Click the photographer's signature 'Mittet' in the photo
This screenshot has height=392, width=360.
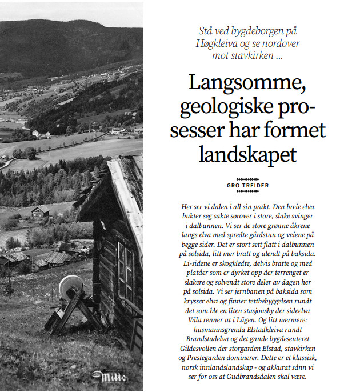(x=108, y=377)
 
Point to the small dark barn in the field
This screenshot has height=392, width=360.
(x=40, y=212)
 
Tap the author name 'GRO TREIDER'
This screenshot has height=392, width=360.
(x=247, y=185)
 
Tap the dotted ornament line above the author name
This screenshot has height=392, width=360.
(x=247, y=178)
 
